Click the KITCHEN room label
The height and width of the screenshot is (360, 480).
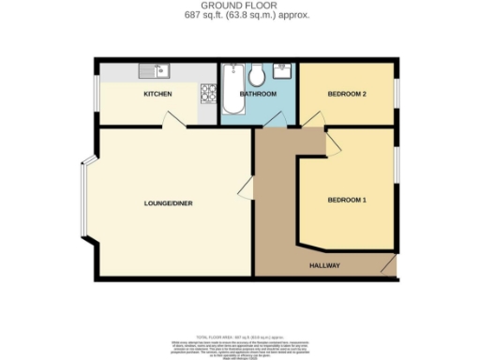pos(157,95)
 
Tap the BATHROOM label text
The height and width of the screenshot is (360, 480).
pos(258,95)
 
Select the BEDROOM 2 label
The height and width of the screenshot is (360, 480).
pos(346,95)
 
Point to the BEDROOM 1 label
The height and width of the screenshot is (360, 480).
pos(346,200)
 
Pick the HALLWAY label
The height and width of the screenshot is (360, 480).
pos(324,266)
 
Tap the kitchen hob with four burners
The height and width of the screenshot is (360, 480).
pos(207,93)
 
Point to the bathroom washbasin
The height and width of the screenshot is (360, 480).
pos(281,70)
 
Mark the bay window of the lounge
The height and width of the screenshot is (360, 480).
pos(83,202)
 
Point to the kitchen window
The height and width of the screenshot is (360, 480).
pos(96,95)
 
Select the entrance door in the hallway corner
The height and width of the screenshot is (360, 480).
pos(387,267)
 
